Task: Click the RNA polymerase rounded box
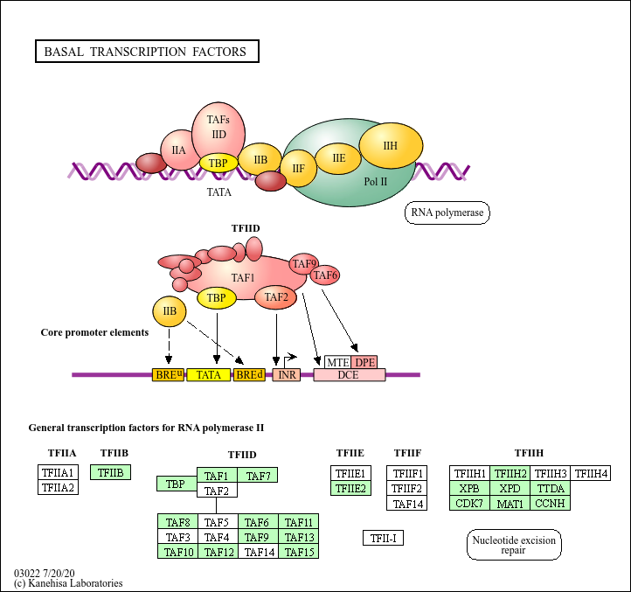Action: [447, 212]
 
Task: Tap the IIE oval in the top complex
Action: [339, 158]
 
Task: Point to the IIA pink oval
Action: [178, 150]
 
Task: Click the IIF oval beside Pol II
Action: [298, 168]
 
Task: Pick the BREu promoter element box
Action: [169, 375]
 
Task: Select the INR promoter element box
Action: [286, 375]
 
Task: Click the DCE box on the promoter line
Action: [350, 375]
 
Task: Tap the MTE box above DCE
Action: [338, 362]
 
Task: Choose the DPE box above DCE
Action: [364, 362]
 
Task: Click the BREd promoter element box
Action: [249, 375]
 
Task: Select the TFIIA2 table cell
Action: [59, 487]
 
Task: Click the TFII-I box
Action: [383, 538]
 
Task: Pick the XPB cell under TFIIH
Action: [469, 488]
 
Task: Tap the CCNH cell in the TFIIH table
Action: [551, 503]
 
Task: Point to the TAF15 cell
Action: [299, 552]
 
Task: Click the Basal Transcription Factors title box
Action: [146, 52]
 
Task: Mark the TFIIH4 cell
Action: [591, 474]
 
